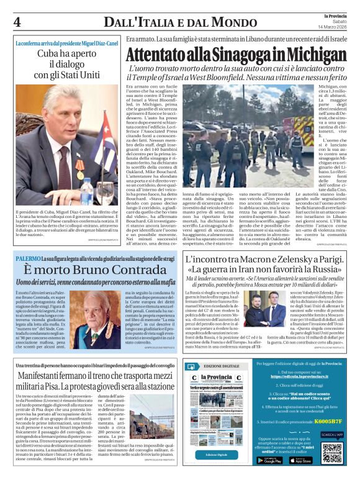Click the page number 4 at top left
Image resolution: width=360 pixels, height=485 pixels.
(17, 22)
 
